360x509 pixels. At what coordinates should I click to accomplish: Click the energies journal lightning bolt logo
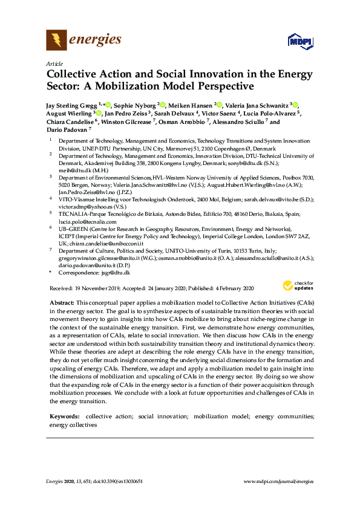(x=56, y=41)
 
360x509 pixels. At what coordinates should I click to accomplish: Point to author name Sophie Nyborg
(x=134, y=105)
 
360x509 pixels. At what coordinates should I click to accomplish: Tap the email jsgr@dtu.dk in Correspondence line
(x=110, y=273)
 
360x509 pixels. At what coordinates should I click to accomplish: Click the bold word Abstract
(x=61, y=302)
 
